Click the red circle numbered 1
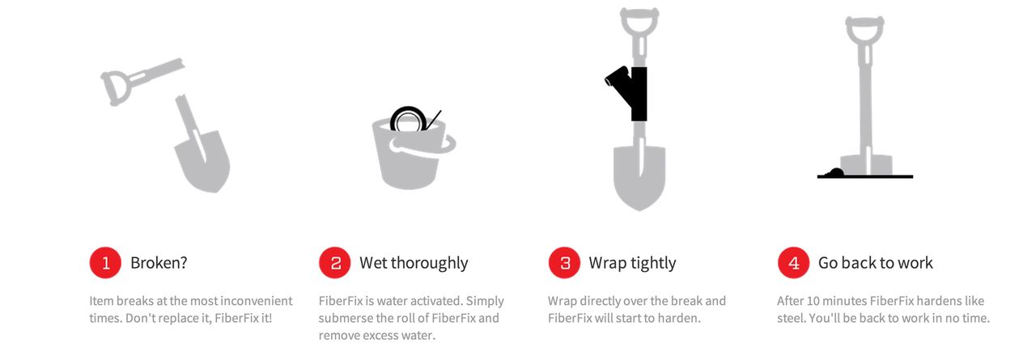(105, 262)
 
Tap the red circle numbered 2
(335, 262)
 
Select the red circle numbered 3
(564, 262)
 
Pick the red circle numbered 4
(794, 262)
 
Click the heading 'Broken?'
(159, 263)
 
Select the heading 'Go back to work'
(876, 263)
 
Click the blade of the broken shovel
(203, 162)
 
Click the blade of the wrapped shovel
(639, 178)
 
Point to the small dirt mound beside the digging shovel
(834, 173)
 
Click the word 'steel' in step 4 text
(789, 318)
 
